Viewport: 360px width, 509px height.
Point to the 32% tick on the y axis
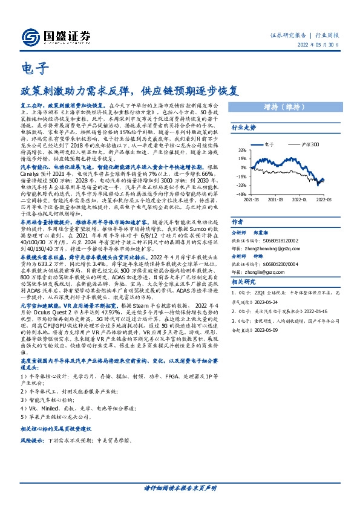click(x=241, y=150)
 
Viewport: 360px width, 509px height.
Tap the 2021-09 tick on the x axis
click(x=275, y=199)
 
